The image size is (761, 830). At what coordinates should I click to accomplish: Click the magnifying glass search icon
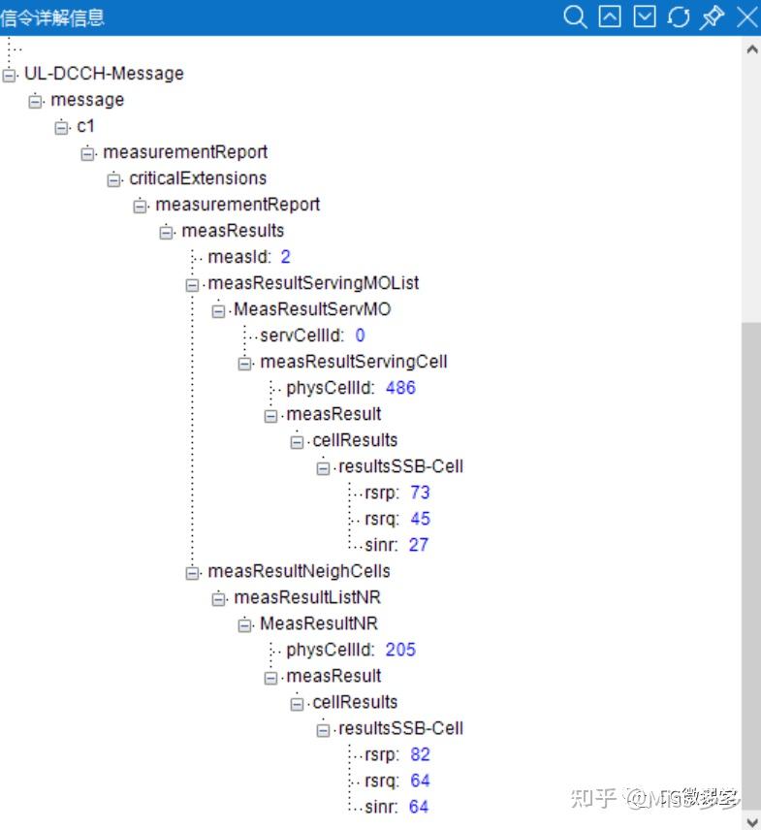(x=575, y=16)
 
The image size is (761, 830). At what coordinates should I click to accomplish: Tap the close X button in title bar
(x=747, y=16)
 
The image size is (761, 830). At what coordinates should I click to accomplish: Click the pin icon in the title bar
(x=712, y=16)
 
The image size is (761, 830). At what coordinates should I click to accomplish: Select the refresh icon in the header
(x=679, y=16)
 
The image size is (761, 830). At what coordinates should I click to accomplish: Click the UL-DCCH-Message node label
(x=105, y=73)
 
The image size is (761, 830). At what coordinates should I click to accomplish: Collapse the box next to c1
(x=62, y=127)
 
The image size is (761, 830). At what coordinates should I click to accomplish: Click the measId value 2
(x=285, y=257)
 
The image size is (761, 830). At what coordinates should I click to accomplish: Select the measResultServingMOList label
(x=313, y=283)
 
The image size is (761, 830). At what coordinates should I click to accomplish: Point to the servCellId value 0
(x=361, y=335)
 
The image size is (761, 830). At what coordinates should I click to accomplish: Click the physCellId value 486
(x=400, y=388)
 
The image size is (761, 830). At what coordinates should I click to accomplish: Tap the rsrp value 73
(x=420, y=493)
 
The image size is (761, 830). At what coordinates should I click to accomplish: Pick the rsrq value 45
(x=420, y=518)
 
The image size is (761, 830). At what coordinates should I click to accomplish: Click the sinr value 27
(x=419, y=545)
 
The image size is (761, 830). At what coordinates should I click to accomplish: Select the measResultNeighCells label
(x=299, y=571)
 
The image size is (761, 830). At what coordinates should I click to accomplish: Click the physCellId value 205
(x=400, y=650)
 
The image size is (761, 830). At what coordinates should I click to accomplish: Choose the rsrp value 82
(x=420, y=754)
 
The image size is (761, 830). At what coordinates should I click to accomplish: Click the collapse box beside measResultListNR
(x=218, y=598)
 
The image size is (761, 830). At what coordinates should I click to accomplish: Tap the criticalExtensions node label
(x=198, y=178)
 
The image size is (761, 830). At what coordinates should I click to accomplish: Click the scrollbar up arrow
(x=751, y=49)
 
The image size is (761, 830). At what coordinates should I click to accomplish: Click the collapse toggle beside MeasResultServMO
(x=218, y=310)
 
